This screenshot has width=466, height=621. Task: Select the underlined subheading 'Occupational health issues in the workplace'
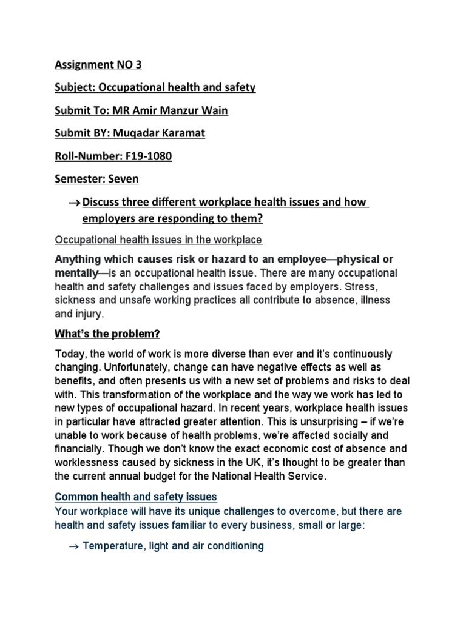(x=158, y=240)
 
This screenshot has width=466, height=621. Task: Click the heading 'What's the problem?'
(x=107, y=334)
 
